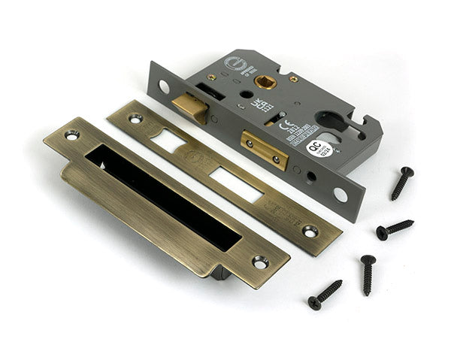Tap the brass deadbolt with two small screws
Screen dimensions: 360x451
tap(264, 150)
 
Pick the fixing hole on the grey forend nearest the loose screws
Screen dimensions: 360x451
tap(341, 194)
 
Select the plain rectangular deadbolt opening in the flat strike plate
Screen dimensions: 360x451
tap(235, 185)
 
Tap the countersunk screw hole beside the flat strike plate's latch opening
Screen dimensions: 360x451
tap(135, 118)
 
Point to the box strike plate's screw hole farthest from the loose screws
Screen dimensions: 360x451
tap(72, 135)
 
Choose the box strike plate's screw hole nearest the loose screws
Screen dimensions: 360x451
tap(259, 262)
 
